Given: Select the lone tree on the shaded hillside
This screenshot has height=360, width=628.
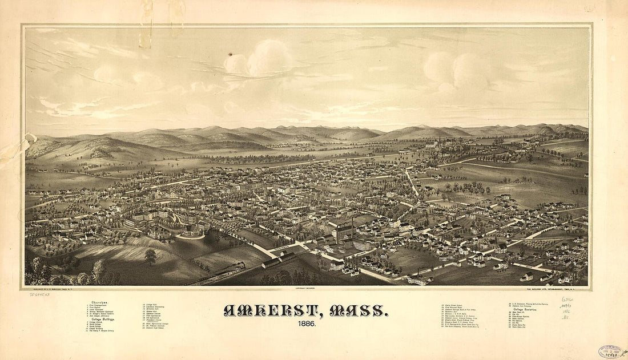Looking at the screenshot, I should click(x=151, y=256).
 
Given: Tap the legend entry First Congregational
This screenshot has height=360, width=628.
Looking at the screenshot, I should click(x=98, y=306).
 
